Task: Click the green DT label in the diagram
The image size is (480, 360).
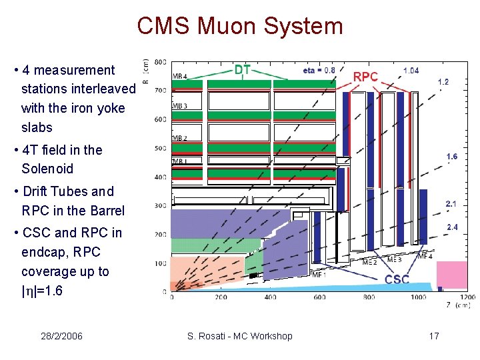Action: (243, 69)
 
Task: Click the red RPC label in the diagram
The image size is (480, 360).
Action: (365, 77)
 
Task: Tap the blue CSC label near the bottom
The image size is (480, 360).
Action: (397, 279)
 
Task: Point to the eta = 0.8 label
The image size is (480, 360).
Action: (319, 69)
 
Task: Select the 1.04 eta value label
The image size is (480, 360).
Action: (411, 70)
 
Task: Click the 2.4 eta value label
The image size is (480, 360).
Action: (451, 227)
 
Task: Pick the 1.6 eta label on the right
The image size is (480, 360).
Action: (451, 157)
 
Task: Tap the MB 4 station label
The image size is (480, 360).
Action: (180, 75)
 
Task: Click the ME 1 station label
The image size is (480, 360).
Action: (319, 274)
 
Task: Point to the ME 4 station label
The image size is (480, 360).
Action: (424, 256)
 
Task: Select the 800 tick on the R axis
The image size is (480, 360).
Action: (160, 62)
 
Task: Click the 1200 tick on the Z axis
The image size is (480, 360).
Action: (467, 297)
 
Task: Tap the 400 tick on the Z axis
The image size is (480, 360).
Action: (270, 297)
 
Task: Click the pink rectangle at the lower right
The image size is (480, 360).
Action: (451, 273)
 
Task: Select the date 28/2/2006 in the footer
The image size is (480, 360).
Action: (61, 336)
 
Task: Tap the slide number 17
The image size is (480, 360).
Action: (434, 336)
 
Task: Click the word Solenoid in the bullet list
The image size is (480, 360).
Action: (47, 169)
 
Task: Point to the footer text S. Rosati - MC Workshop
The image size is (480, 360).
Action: (240, 336)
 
